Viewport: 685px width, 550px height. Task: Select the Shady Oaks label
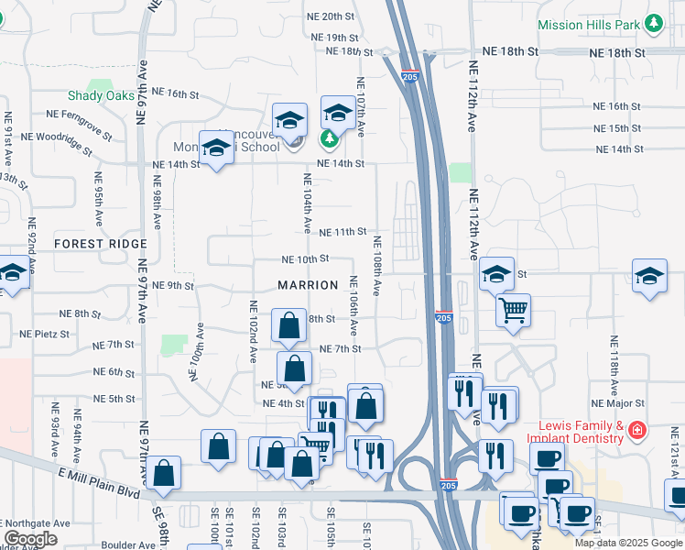(101, 96)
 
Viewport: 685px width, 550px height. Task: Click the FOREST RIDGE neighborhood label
(100, 244)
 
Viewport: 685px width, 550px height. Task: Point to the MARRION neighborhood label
(309, 285)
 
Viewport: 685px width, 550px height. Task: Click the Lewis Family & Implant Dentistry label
(581, 433)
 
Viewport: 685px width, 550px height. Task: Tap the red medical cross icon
(636, 430)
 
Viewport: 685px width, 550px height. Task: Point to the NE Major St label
(618, 402)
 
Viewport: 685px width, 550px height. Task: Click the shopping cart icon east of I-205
(514, 310)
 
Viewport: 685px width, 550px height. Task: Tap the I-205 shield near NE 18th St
(410, 77)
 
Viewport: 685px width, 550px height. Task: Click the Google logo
(30, 539)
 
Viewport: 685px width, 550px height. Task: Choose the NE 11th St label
(342, 232)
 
